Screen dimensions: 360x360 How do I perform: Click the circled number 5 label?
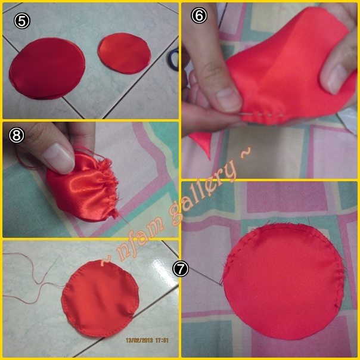coord(22,21)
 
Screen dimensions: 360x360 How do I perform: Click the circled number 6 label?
coord(199,15)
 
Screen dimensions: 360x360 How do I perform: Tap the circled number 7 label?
coord(181,269)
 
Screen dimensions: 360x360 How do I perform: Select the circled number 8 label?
coord(17,135)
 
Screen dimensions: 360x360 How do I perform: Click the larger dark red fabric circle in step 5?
coord(47,69)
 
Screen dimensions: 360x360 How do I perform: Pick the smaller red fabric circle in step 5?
coord(125,54)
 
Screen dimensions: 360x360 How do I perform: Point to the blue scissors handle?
coord(174,59)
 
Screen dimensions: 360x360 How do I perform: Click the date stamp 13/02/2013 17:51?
coord(147,340)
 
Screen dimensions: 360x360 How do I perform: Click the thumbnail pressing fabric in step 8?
coord(59,157)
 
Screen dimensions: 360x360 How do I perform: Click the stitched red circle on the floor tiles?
coord(100,298)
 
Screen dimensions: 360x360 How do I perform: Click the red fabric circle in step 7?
coord(284,281)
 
